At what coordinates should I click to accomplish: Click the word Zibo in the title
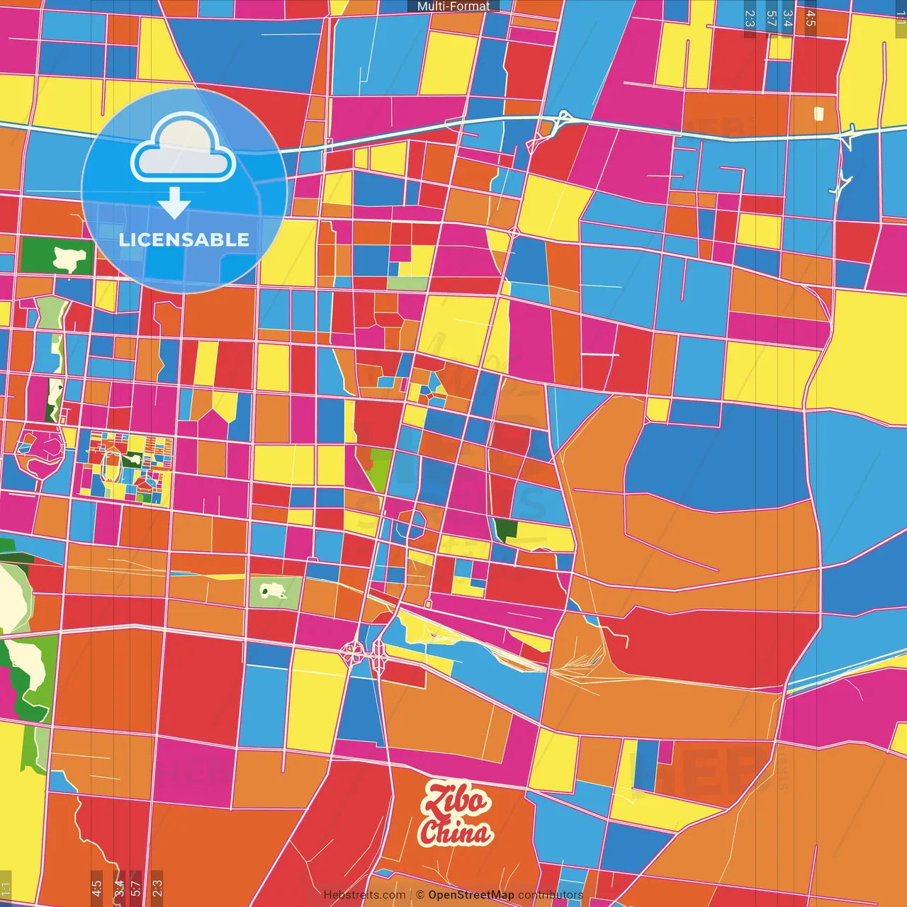tap(456, 801)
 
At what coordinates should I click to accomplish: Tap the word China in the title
tap(456, 833)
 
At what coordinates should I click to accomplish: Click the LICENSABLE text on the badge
tap(184, 240)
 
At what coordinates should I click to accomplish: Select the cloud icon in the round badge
tap(184, 152)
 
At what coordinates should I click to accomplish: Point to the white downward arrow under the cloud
tap(174, 203)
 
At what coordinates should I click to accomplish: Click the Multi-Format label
tap(453, 6)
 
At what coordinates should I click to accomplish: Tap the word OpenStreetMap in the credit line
tap(471, 895)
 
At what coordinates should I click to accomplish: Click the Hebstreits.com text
tap(364, 895)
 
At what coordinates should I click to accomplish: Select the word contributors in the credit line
tap(551, 895)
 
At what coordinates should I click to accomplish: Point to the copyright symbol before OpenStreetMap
tap(420, 895)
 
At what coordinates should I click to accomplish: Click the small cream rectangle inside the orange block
tap(819, 113)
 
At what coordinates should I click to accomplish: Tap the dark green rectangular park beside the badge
tap(57, 257)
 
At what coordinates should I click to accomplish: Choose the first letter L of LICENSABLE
tap(124, 240)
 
